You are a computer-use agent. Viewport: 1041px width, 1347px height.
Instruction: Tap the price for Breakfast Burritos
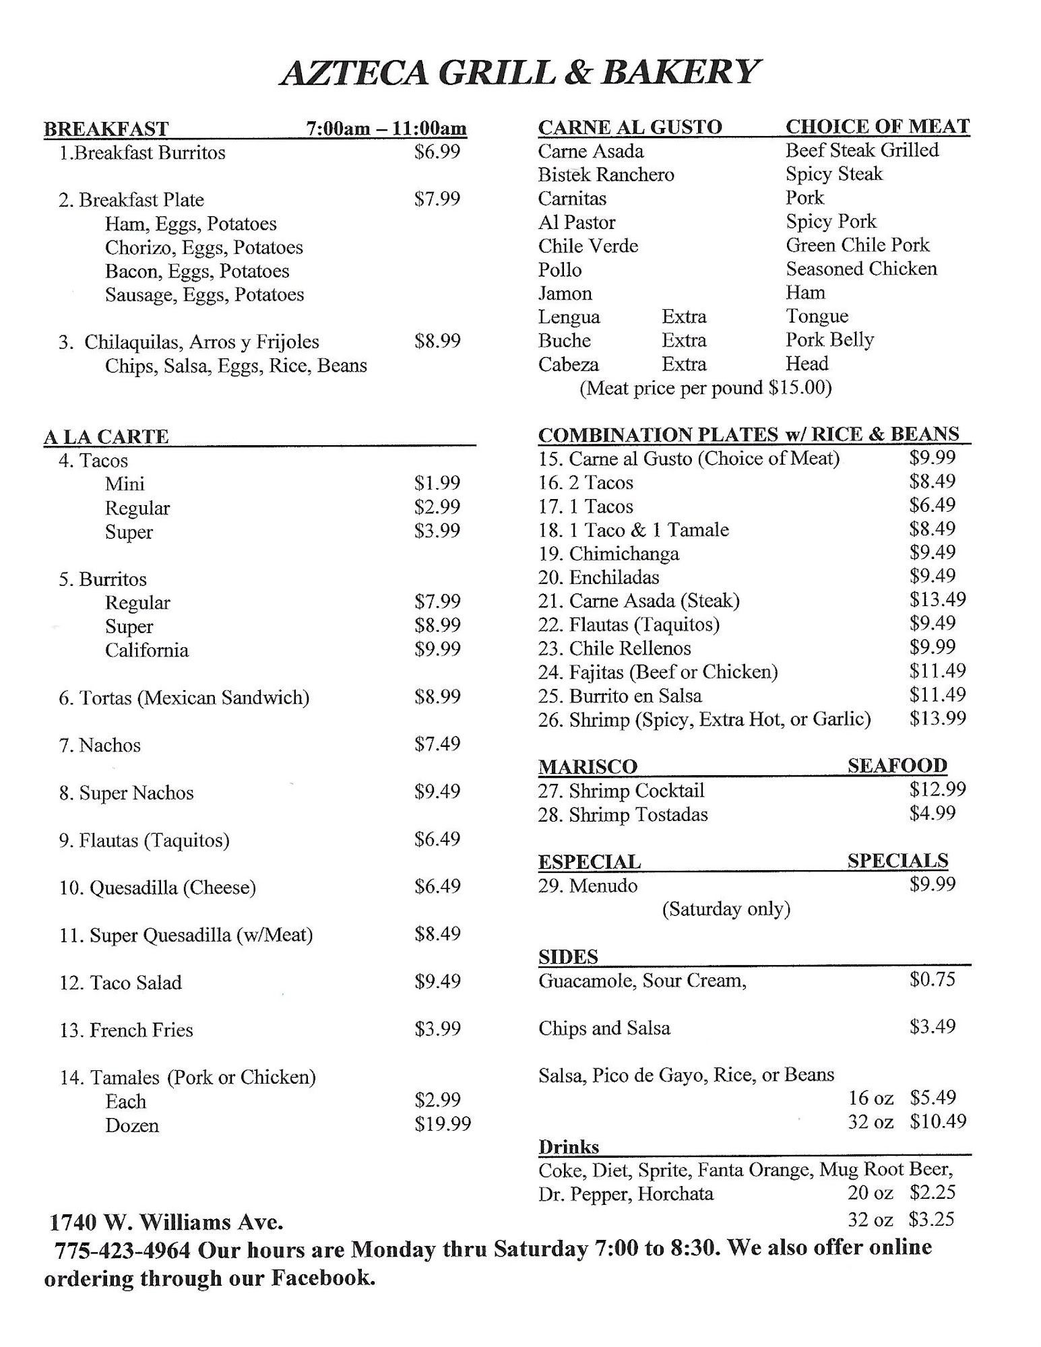[x=437, y=152]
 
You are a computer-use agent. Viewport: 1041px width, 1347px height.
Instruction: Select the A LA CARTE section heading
[x=106, y=436]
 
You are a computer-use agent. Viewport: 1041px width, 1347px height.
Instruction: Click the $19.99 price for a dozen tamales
[x=442, y=1123]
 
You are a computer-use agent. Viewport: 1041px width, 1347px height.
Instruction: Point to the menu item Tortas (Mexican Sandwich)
[x=184, y=698]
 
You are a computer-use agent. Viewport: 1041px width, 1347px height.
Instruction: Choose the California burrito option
[x=146, y=650]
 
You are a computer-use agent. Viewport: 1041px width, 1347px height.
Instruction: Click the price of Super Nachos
[x=437, y=791]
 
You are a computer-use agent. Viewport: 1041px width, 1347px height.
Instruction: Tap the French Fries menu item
[x=126, y=1030]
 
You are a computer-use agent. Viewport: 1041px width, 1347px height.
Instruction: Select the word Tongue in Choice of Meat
[x=817, y=316]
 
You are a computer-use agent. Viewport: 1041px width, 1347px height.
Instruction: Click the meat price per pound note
[x=705, y=388]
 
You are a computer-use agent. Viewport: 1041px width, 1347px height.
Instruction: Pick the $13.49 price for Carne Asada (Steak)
[x=937, y=599]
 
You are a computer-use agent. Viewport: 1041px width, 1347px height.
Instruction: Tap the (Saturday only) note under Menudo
[x=726, y=909]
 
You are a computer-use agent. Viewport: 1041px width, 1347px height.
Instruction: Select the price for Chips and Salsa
[x=932, y=1026]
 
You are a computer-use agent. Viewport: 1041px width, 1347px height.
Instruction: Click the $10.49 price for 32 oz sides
[x=937, y=1121]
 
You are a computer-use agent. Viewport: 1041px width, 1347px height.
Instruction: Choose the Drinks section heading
[x=568, y=1146]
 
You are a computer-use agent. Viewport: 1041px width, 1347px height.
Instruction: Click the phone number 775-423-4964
[x=122, y=1250]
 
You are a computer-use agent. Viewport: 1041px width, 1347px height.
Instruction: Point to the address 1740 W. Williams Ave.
[x=166, y=1222]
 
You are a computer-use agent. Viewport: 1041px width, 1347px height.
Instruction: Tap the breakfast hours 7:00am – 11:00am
[x=386, y=128]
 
